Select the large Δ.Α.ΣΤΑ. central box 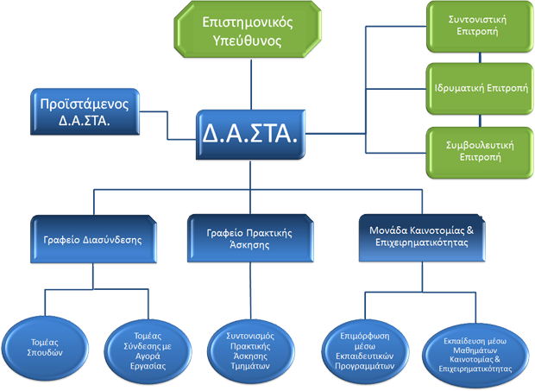tap(249, 135)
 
